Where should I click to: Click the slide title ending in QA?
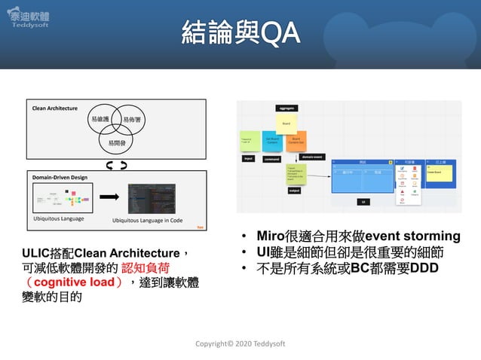coord(240,32)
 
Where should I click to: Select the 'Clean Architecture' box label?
coord(54,108)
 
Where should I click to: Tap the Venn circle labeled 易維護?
coord(100,120)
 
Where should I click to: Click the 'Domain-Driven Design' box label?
coord(60,177)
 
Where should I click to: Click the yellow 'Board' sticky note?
coord(286,121)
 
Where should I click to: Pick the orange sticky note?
coord(296,140)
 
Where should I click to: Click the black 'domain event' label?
coord(312,157)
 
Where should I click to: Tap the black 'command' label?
coord(272,159)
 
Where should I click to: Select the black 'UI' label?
coord(363,202)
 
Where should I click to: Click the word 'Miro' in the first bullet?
coord(272,236)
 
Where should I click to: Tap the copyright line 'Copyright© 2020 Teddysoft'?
coord(240,343)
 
